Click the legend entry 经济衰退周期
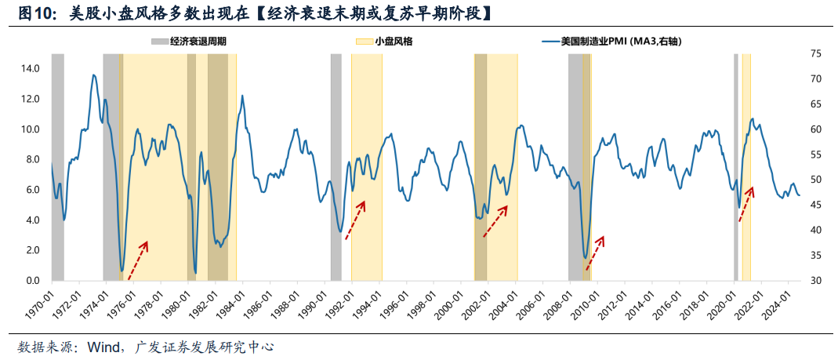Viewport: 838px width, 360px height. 198,42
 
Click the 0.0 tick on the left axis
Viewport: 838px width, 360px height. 33,281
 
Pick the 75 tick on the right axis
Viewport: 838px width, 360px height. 817,53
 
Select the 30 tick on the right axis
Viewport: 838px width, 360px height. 817,281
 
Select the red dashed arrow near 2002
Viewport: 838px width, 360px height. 495,221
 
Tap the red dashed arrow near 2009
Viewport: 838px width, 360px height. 595,253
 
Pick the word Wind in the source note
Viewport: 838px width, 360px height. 103,346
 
